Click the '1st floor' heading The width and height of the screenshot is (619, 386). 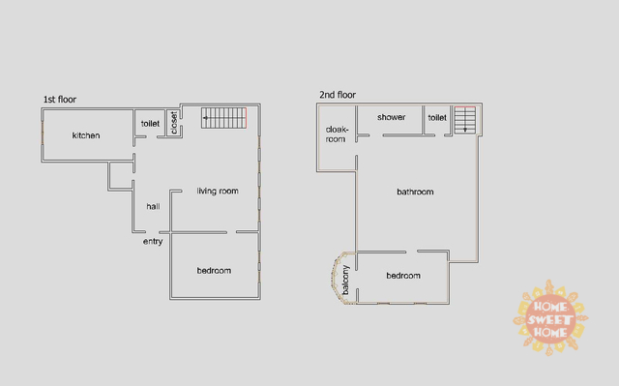[x=60, y=100]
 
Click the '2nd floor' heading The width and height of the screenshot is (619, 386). [x=338, y=95]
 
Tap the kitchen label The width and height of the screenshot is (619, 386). [x=86, y=135]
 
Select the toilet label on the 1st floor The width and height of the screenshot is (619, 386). [x=151, y=124]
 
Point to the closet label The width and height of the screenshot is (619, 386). [x=174, y=123]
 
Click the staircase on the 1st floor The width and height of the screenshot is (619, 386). [x=223, y=118]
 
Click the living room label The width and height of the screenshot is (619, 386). [x=218, y=191]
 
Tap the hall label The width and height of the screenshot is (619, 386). [x=153, y=206]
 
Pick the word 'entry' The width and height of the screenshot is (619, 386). [x=153, y=241]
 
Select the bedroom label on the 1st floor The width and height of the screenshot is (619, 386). [x=214, y=270]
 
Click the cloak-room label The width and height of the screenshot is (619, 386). [x=337, y=134]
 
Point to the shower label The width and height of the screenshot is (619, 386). [x=391, y=117]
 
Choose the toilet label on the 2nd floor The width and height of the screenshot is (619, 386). [x=437, y=118]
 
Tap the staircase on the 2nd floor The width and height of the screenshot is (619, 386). [x=464, y=120]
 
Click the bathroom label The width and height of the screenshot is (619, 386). [x=415, y=192]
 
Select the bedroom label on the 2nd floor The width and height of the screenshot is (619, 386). [x=403, y=276]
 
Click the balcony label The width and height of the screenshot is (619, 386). [x=345, y=280]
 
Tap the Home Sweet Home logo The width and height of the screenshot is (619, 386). [x=550, y=318]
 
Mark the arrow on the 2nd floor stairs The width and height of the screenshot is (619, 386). [x=465, y=122]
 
